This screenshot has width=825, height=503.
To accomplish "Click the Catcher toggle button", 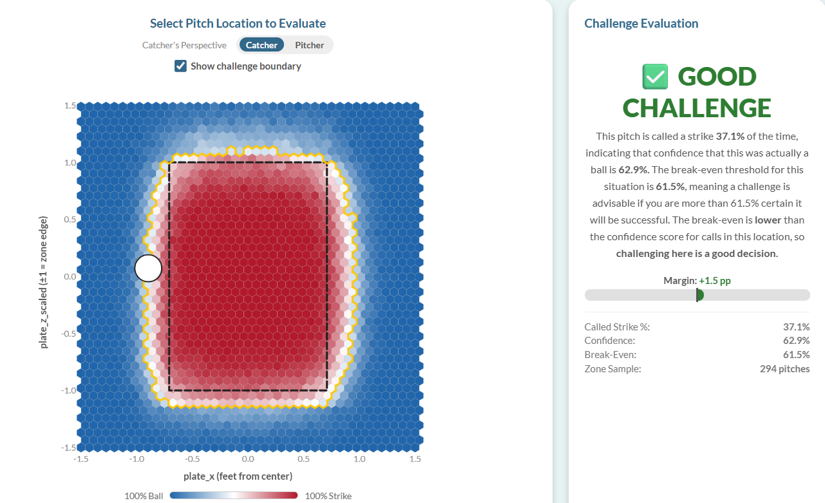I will (x=261, y=45).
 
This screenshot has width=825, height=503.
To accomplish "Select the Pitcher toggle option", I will (x=310, y=45).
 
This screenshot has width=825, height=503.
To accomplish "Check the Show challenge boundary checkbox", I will (x=181, y=66).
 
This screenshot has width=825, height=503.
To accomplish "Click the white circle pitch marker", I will (x=148, y=269).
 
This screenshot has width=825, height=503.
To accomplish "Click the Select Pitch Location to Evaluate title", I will (x=238, y=23).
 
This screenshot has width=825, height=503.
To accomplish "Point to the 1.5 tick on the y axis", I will (x=70, y=106).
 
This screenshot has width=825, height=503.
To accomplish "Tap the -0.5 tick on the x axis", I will (x=192, y=459).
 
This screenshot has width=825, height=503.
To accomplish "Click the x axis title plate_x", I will (x=238, y=476).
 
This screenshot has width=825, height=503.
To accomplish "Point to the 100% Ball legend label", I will (x=145, y=496).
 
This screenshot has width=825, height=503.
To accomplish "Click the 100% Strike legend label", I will (x=328, y=496).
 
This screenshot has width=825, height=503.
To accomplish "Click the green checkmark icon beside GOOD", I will (x=656, y=77).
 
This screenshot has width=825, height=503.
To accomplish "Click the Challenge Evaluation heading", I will (x=641, y=23).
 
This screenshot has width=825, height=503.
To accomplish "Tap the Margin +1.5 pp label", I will (x=697, y=281).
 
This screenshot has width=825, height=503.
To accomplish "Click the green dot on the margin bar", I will (x=699, y=295).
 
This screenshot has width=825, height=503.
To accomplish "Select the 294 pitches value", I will (x=784, y=369).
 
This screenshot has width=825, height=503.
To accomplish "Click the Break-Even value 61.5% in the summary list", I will (x=796, y=355).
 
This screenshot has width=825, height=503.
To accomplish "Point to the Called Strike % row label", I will (x=617, y=327).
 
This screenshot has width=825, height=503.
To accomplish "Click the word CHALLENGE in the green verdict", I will (x=697, y=108).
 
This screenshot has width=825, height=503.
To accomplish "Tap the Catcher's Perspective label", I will (x=184, y=45).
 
